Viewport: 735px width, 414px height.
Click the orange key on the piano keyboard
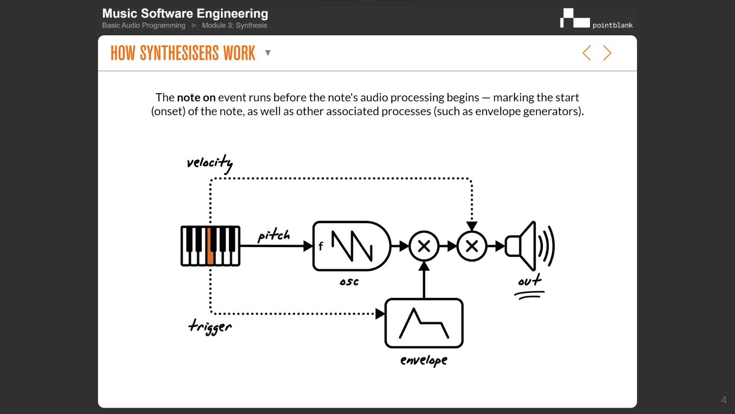(x=210, y=254)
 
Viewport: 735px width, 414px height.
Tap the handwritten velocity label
(x=210, y=163)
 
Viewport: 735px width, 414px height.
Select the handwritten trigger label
(x=210, y=327)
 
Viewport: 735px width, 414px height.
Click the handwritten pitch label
(x=274, y=235)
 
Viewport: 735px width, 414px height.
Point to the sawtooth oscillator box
(x=351, y=246)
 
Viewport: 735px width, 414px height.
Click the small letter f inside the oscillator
(x=321, y=246)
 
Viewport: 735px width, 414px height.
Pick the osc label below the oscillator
(x=349, y=282)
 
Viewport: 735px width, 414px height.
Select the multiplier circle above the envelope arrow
(x=424, y=246)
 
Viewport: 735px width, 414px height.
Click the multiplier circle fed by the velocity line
(x=472, y=246)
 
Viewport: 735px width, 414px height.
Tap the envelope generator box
(x=424, y=323)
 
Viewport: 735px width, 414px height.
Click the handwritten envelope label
(x=424, y=361)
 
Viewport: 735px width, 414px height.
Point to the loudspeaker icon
(x=529, y=246)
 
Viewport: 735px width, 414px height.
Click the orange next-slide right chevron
(x=607, y=53)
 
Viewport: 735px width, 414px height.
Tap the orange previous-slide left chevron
(x=587, y=53)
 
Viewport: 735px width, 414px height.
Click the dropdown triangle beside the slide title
(x=268, y=53)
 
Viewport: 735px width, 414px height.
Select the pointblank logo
(x=596, y=19)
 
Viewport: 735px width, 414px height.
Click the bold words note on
(x=196, y=98)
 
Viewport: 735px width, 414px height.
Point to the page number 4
(x=723, y=400)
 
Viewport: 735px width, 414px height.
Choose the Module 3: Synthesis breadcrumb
(x=234, y=26)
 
